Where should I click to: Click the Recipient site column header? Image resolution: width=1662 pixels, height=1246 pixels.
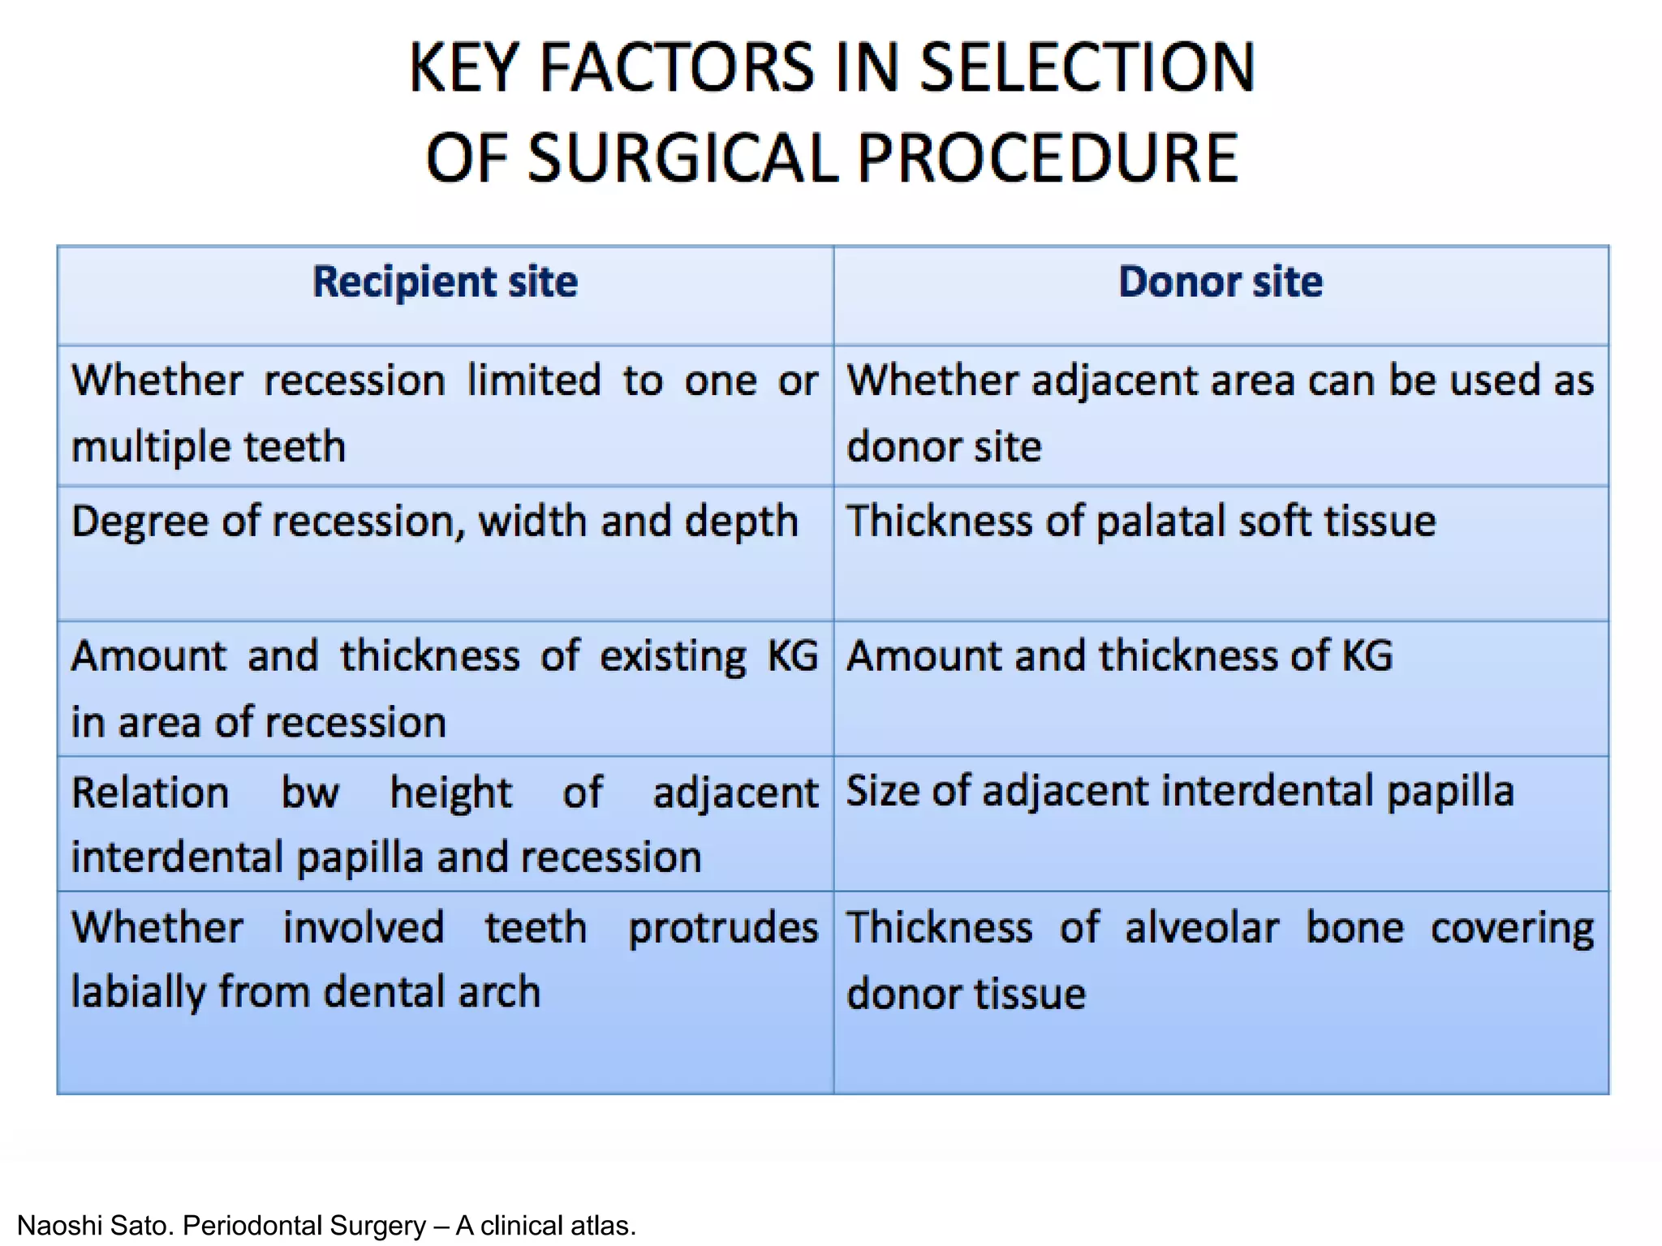(445, 282)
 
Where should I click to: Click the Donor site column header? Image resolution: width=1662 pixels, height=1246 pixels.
(1220, 282)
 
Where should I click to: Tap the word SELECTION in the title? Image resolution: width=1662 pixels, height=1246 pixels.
(1087, 68)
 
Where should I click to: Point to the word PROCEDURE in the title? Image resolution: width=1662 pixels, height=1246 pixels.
(1047, 158)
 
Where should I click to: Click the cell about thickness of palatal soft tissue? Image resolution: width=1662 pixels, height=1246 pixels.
(1140, 521)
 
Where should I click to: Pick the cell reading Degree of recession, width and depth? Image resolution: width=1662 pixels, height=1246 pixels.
(434, 521)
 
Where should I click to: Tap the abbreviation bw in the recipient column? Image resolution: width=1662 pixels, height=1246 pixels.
(309, 793)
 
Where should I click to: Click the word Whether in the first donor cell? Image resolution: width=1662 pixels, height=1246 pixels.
(932, 380)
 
